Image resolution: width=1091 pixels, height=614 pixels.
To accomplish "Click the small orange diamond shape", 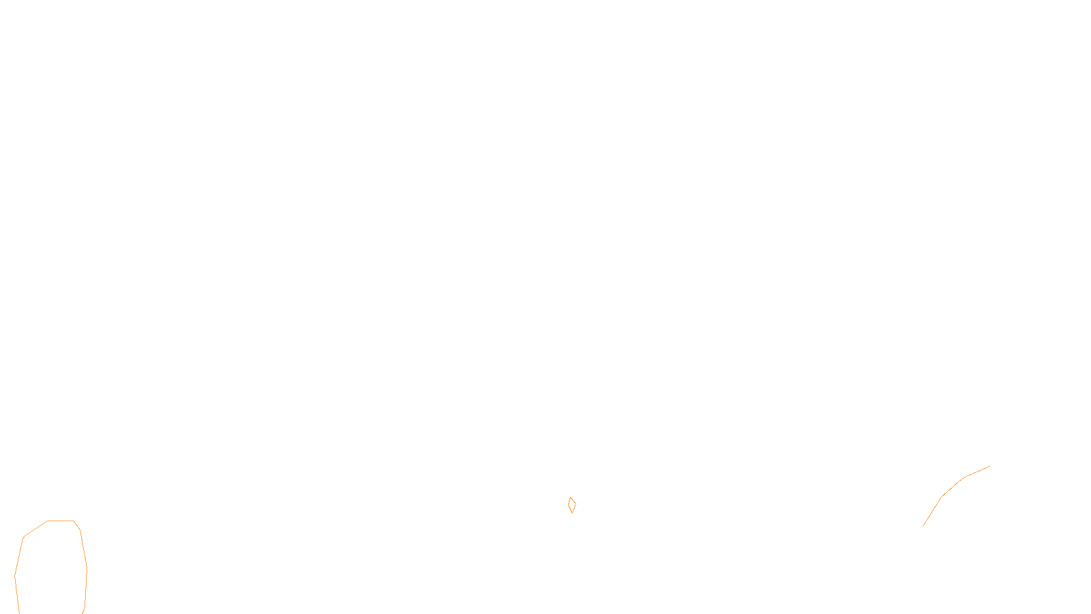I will coord(572,505).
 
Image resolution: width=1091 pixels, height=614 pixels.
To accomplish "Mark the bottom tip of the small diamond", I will coord(572,513).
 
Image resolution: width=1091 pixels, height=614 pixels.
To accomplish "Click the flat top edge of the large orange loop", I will coord(61,521).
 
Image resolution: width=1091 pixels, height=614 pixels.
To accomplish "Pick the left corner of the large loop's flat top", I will coord(48,521).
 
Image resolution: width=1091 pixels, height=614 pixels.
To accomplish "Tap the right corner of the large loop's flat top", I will coord(74,521).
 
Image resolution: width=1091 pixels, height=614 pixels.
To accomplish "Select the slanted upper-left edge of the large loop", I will coord(35,529).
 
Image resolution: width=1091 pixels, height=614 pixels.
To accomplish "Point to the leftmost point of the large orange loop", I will coord(15,576).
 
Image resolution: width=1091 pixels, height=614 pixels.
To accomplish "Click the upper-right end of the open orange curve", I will coord(989,467).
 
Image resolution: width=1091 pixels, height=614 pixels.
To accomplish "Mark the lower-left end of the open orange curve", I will coord(923,526).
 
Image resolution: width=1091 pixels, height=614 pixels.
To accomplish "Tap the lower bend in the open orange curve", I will coord(942,497).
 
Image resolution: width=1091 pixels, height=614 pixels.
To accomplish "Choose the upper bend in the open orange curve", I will coord(963,478).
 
